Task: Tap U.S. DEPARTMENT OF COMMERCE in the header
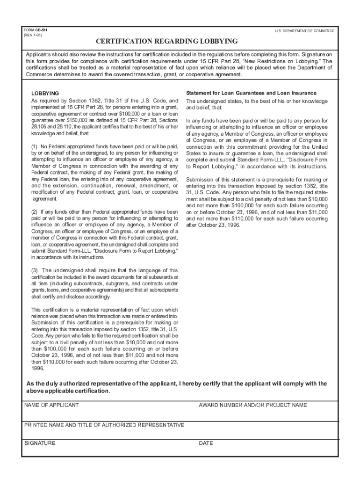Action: [304, 31]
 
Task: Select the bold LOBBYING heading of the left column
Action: [45, 94]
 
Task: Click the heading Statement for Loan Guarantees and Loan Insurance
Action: [251, 93]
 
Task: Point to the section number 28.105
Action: [40, 127]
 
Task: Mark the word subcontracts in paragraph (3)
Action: [88, 283]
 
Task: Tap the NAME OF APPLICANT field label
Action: [51, 405]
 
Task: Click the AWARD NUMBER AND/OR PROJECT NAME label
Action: [252, 405]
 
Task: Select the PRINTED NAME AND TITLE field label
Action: [104, 425]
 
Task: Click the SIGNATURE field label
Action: [40, 443]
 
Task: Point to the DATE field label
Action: [206, 443]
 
